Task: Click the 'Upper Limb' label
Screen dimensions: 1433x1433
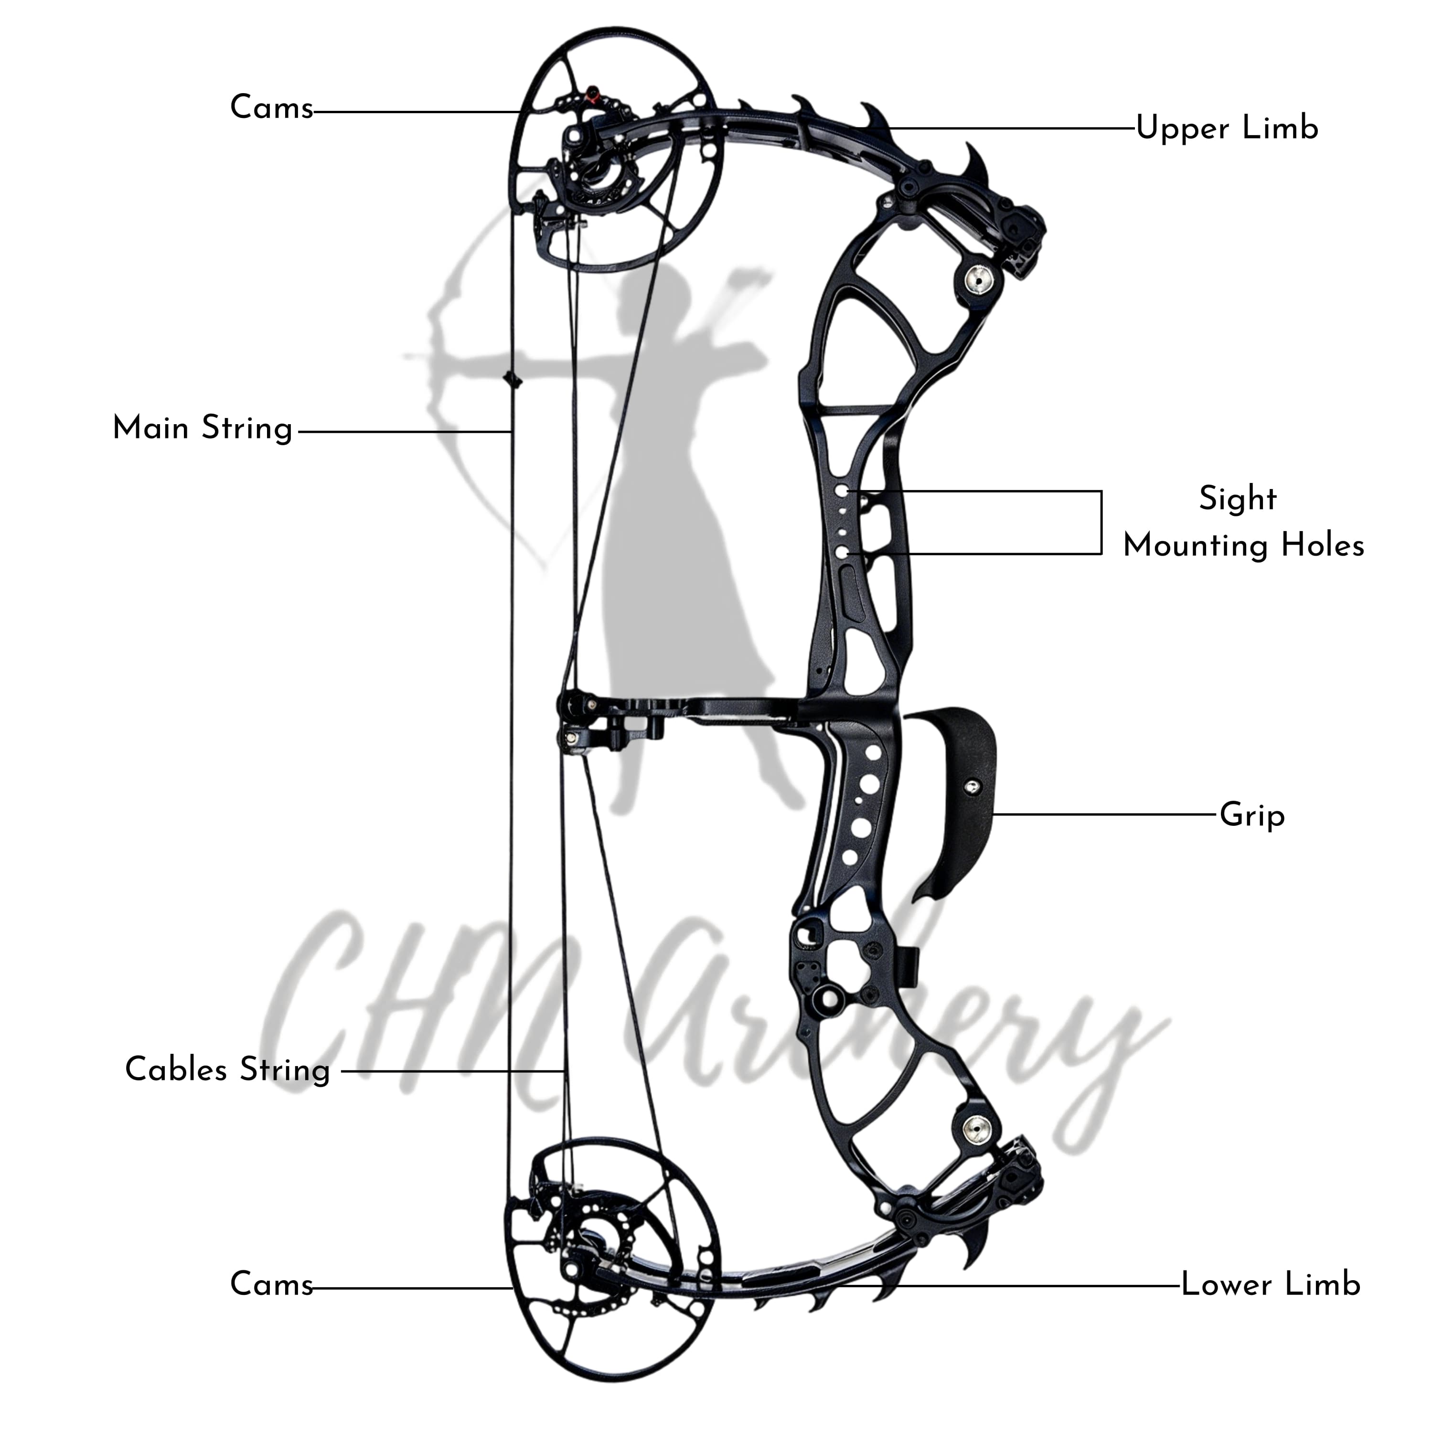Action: (1227, 128)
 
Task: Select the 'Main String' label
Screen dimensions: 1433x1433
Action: (203, 429)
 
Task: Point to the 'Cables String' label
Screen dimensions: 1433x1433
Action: (227, 1069)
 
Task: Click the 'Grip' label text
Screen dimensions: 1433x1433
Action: (1252, 816)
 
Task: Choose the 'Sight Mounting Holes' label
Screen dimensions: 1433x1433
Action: (1243, 522)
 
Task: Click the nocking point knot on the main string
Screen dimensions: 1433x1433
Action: (511, 380)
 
